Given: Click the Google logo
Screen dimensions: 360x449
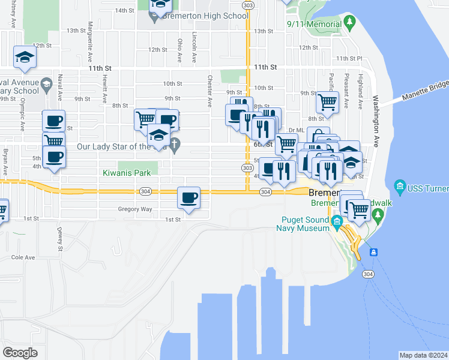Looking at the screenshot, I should pos(20,353).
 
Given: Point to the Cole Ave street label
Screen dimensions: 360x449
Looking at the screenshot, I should pos(23,257).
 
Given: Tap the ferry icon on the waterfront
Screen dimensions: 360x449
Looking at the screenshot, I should pos(373,252).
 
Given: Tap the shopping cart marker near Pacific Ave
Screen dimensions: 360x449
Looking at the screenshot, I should pos(328,103).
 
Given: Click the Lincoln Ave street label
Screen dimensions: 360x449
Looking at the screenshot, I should pos(194,48).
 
